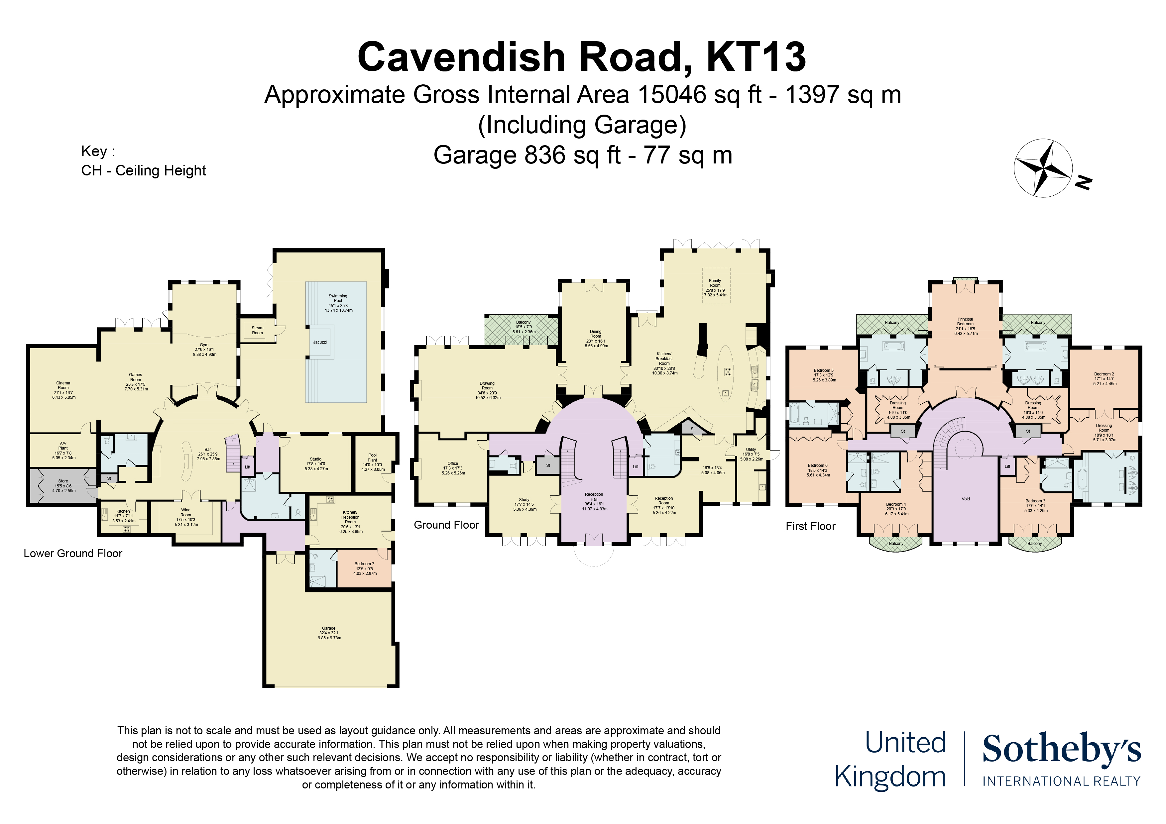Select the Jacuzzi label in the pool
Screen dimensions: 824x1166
(320, 342)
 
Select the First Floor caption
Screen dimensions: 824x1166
(810, 526)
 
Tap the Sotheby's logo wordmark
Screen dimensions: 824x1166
(1061, 749)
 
